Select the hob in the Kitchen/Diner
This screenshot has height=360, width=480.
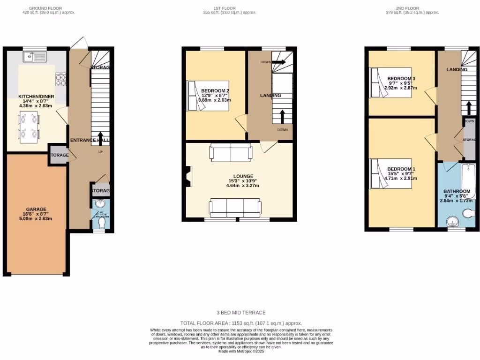click(61, 79)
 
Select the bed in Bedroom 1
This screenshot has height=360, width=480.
click(391, 173)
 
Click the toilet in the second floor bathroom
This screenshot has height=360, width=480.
click(468, 214)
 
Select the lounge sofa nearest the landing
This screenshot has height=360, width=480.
click(231, 152)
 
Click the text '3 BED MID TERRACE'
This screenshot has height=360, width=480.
click(241, 313)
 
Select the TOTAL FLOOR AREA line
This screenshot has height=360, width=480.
click(241, 323)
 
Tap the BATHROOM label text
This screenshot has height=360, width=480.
click(457, 191)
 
